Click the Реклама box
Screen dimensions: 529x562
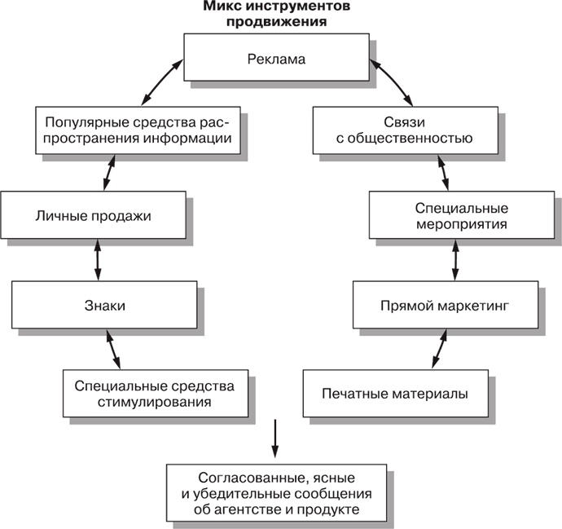[276, 58]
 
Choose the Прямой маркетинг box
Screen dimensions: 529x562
[444, 306]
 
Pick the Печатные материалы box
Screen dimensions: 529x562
[397, 394]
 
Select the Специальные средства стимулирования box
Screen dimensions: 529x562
[154, 392]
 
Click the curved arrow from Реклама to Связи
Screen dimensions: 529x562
[389, 82]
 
